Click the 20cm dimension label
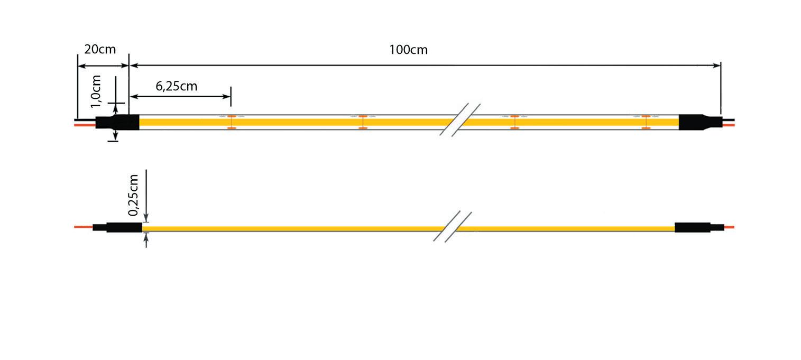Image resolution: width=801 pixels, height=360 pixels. point(100,50)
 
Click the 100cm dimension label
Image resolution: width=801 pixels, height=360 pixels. point(408,50)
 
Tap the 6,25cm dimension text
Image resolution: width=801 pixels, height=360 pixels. point(177,86)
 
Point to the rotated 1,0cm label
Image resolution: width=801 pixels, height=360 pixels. point(96,91)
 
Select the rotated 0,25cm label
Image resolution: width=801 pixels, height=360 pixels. point(134,195)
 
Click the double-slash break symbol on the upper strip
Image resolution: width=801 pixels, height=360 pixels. point(460,119)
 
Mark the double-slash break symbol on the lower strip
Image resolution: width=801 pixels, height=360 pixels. point(452,227)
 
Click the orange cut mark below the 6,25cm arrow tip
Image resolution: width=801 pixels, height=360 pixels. point(231,122)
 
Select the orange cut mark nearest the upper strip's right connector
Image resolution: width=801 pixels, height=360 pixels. point(646,122)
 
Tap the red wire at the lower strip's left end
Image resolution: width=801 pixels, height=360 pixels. point(84,227)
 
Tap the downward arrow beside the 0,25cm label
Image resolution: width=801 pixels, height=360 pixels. point(146,218)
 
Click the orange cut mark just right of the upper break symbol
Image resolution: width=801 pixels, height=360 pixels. point(514,122)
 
